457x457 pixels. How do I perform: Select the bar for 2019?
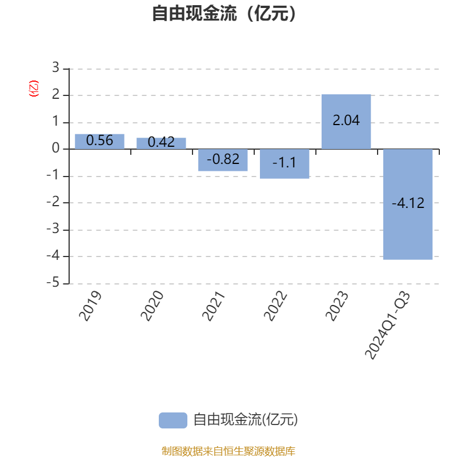tap(99, 141)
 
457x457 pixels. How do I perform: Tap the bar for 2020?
tap(161, 143)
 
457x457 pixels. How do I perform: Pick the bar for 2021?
tap(223, 160)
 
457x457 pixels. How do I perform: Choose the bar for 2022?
tap(284, 164)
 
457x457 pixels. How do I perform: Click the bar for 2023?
tap(346, 122)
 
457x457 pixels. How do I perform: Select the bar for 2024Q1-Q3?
tap(408, 204)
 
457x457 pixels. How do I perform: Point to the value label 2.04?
tap(346, 121)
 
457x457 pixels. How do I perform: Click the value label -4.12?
tap(408, 203)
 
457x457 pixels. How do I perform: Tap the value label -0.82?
tap(223, 159)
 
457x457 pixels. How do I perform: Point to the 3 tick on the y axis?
tap(55, 68)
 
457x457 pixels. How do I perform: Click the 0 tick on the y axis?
tap(55, 149)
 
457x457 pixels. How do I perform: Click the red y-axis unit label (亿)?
tap(33, 89)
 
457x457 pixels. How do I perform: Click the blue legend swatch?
tap(173, 420)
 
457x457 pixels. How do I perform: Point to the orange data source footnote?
tap(228, 451)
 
